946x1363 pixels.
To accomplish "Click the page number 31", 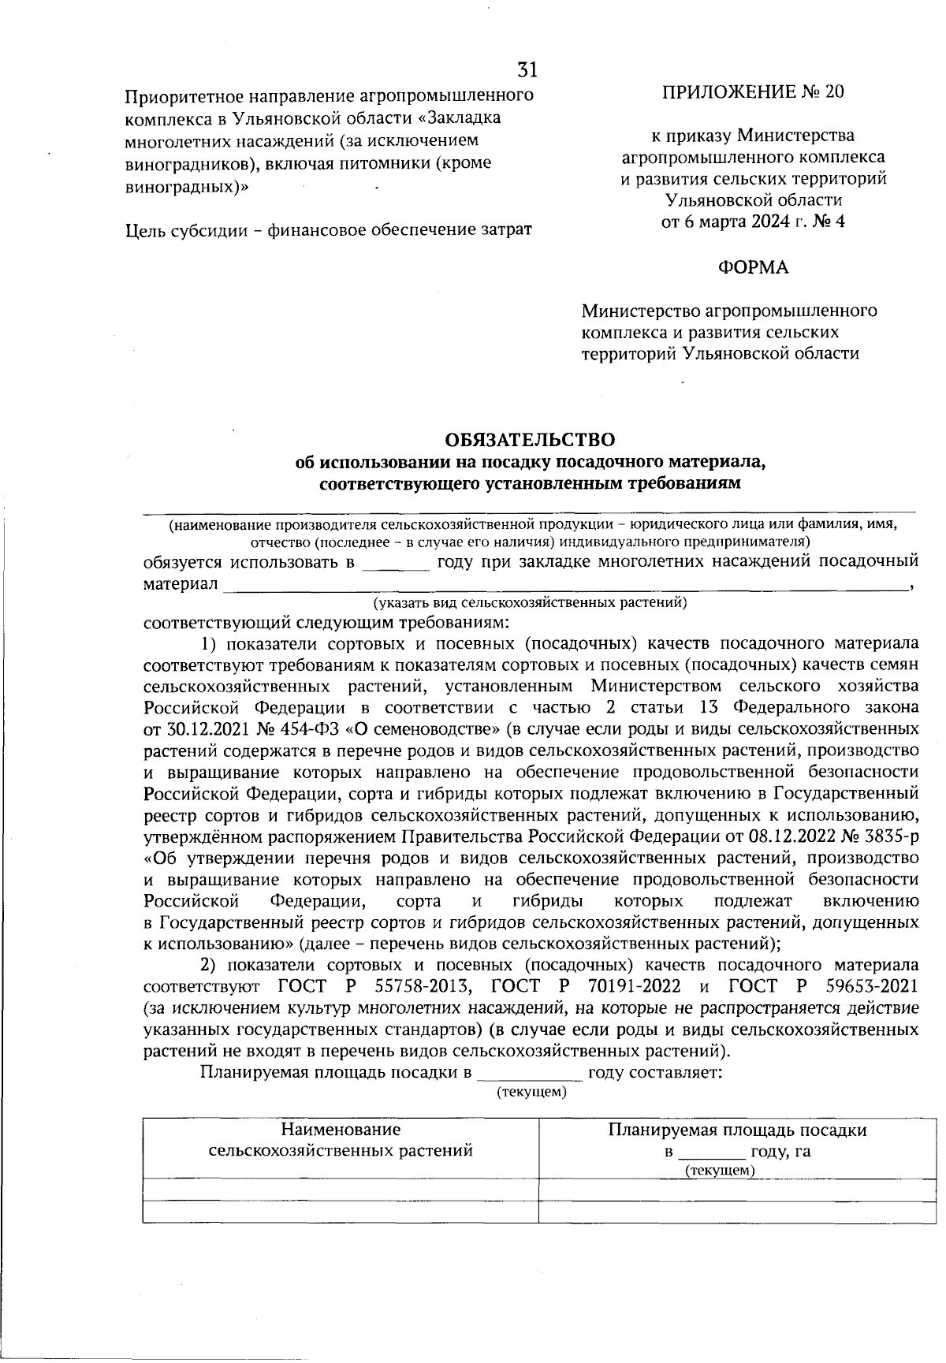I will pyautogui.click(x=527, y=71).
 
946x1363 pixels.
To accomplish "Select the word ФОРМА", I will pyautogui.click(x=752, y=268).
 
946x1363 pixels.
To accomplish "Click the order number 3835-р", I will pyautogui.click(x=888, y=835).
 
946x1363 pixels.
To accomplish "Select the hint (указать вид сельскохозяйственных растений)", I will pyautogui.click(x=530, y=604).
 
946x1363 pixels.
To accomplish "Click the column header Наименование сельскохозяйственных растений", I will pyautogui.click(x=341, y=1140).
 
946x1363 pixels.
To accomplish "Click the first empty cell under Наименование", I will pyautogui.click(x=341, y=1190).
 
